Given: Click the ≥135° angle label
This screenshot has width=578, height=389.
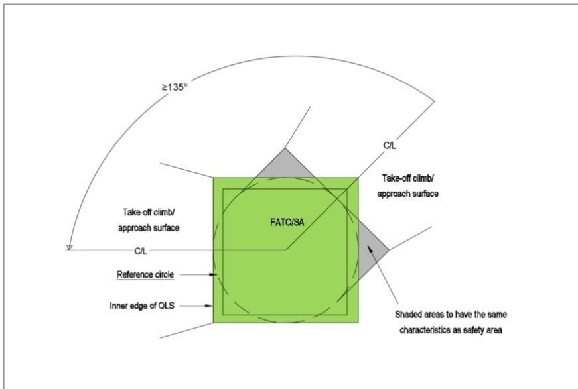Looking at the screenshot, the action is pos(175,87).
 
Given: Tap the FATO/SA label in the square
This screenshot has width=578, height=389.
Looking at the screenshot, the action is pos(287,222).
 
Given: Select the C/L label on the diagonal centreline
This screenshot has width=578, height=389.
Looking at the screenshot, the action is pos(390,145).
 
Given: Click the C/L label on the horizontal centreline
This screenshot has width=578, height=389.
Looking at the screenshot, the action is pos(141,251).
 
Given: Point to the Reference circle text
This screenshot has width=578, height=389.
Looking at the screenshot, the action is pos(145,274).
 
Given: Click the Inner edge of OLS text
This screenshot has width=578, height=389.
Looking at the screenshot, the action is pos(142,306).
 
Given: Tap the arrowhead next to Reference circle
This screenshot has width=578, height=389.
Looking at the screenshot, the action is pos(213,274).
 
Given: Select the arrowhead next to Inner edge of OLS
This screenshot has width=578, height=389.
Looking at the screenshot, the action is pos(209,306).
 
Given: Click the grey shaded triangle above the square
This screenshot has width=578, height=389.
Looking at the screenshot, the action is pos(285,166).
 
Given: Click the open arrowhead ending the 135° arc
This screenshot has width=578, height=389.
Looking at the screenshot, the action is pos(69,247).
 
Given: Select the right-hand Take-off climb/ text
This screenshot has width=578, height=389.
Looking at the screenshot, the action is pos(407,178).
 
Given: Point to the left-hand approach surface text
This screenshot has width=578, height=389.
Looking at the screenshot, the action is pos(149,228).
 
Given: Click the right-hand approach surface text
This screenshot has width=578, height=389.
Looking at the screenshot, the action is pos(407,194).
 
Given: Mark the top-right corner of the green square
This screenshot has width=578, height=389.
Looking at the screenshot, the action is pos(358,178).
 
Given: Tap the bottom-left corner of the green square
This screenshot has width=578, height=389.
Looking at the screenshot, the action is pos(214,323).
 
